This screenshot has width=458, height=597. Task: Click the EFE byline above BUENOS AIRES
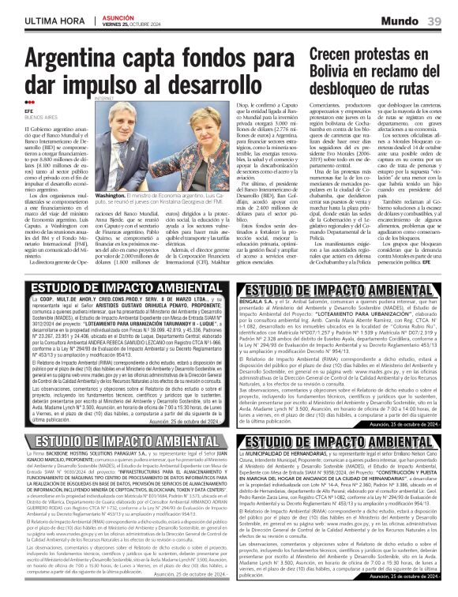[x=29, y=113]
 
